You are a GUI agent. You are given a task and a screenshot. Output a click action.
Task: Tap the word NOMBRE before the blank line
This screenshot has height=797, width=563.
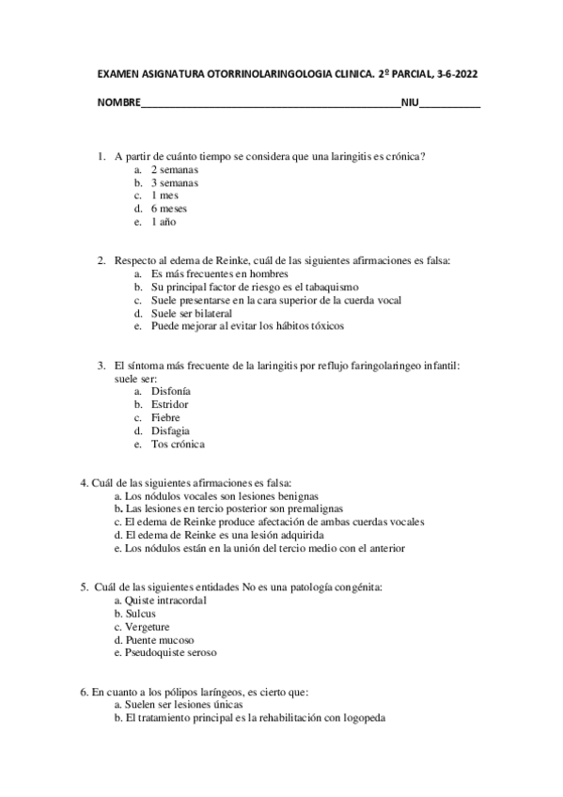118,102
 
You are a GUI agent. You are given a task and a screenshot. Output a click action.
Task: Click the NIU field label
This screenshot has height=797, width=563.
410,102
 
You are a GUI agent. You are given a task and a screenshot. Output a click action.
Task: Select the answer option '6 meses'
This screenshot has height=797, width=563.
169,209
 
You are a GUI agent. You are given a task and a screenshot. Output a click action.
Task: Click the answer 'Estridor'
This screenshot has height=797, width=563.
170,404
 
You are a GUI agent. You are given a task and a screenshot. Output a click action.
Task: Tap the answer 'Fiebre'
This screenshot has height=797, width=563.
165,417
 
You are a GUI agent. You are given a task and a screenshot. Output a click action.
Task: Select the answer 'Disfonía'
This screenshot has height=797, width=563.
171,391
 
